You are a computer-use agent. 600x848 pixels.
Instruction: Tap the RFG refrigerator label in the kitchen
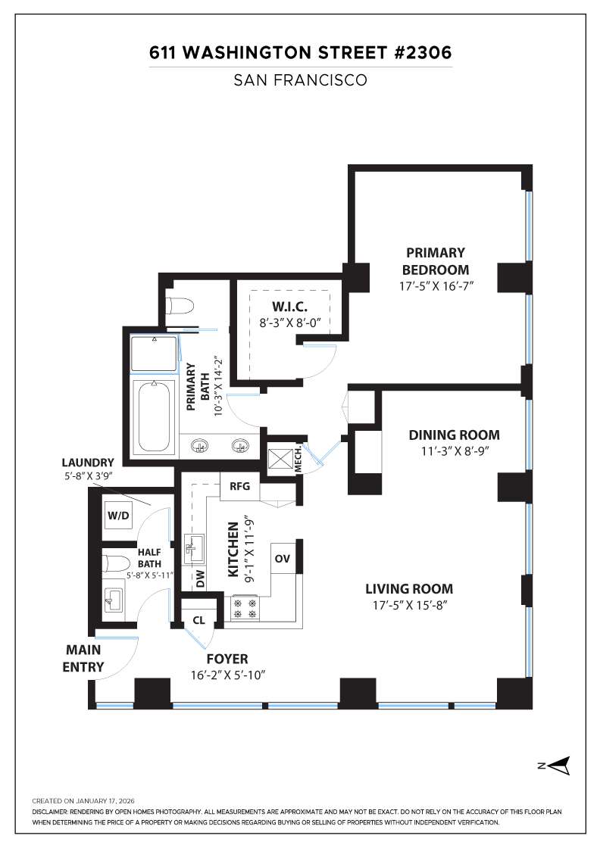[x=239, y=486]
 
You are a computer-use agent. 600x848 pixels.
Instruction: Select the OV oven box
[x=283, y=559]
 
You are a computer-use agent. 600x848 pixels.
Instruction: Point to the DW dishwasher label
[x=200, y=579]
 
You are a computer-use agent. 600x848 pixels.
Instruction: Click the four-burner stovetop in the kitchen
[x=245, y=608]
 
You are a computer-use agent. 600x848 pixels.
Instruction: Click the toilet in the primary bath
[x=180, y=306]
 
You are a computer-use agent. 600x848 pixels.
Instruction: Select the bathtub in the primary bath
[x=155, y=417]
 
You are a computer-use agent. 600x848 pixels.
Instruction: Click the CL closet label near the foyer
[x=198, y=620]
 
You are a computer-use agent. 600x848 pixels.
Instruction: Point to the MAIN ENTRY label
[x=83, y=659]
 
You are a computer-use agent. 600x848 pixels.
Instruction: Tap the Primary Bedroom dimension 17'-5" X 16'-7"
[x=435, y=287]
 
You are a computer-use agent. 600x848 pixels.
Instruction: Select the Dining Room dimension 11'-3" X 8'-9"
[x=454, y=452]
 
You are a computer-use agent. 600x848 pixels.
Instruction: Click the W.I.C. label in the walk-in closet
[x=289, y=307]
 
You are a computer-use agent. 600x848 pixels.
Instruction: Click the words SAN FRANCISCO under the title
[x=301, y=80]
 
